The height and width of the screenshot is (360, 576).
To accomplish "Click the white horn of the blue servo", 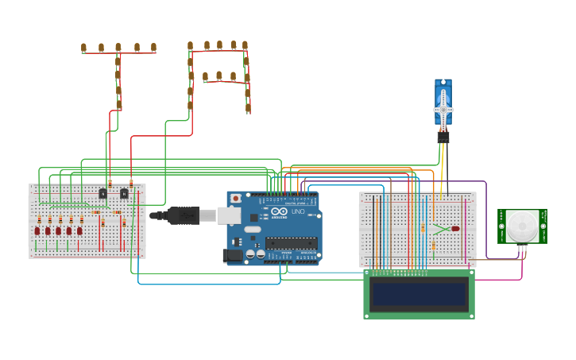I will pos(443,109).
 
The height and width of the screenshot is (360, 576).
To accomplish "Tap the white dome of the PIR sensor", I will pos(522,226).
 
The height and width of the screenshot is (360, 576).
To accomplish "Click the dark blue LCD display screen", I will pos(419,294).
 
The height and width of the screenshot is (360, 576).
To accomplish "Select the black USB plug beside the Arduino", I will pos(184,215).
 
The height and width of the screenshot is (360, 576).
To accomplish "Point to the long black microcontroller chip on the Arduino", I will pos(291,243).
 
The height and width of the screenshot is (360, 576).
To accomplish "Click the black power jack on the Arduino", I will pos(234,255).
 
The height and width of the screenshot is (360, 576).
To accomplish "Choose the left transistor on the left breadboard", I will pos(103,193).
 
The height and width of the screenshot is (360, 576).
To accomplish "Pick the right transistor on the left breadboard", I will pos(124,193).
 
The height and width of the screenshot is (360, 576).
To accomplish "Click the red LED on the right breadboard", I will pos(455,229).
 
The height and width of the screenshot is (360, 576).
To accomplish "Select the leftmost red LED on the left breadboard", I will pos(37,231).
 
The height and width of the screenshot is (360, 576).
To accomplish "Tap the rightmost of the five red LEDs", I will pos(79,231).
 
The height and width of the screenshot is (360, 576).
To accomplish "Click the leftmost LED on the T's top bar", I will pos(83,48).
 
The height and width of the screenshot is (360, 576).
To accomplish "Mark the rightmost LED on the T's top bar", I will pos(153,48).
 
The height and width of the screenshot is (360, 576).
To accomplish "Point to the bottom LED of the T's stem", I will pos(119,104).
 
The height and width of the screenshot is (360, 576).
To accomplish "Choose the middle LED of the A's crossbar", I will pos(219,75).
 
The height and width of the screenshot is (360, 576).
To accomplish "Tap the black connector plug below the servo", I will pos(443,137).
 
